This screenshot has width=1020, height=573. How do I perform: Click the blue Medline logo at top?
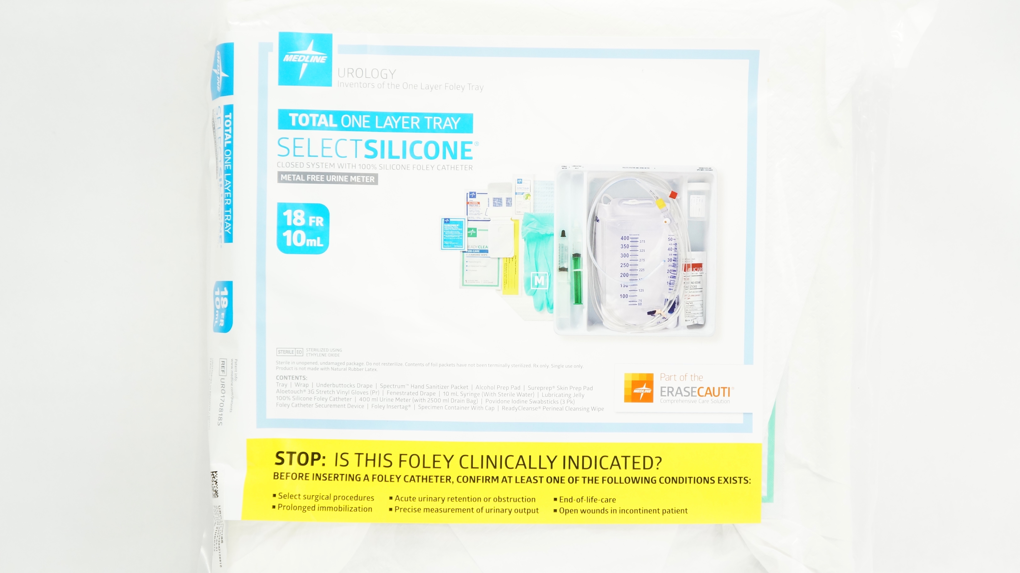point(305,59)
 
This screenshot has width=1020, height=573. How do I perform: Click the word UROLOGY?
point(366,74)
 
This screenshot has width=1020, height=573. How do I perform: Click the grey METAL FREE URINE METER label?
point(327,178)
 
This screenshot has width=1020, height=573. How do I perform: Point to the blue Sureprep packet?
point(453,234)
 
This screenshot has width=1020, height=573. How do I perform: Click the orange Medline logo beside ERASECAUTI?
point(638,388)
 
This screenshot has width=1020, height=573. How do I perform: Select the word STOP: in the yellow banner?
point(300,459)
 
